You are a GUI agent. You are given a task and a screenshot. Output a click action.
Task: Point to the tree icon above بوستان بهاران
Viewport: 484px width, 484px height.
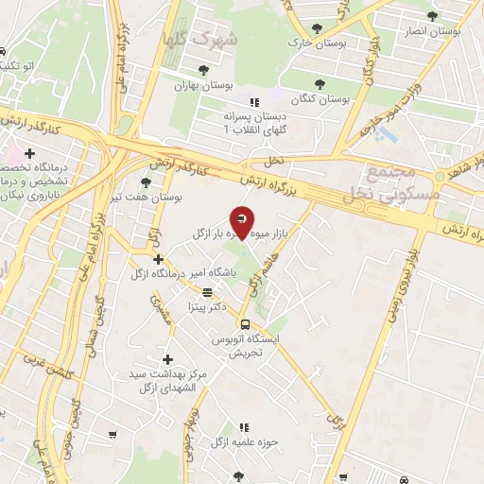[203, 69]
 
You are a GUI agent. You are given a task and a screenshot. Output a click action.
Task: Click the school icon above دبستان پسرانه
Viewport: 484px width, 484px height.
[253, 101]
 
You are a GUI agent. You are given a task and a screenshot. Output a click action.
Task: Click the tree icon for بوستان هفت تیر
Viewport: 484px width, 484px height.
[145, 182]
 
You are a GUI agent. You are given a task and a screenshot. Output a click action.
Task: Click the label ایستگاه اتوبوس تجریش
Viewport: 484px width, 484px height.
[246, 344]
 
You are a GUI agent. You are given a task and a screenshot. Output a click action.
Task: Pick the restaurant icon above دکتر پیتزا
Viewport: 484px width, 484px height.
[207, 292]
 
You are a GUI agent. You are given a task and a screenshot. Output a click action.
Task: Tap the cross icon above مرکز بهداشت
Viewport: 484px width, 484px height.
[168, 359]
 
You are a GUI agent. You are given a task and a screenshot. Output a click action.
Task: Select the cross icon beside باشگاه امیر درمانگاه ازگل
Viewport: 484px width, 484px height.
[159, 259]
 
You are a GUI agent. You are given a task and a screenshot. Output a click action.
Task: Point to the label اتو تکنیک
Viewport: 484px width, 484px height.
[21, 66]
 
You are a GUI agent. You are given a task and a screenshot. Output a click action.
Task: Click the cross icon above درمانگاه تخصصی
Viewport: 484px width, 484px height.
[30, 152]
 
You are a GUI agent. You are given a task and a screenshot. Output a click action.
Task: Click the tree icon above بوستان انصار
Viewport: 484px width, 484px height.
[432, 16]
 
